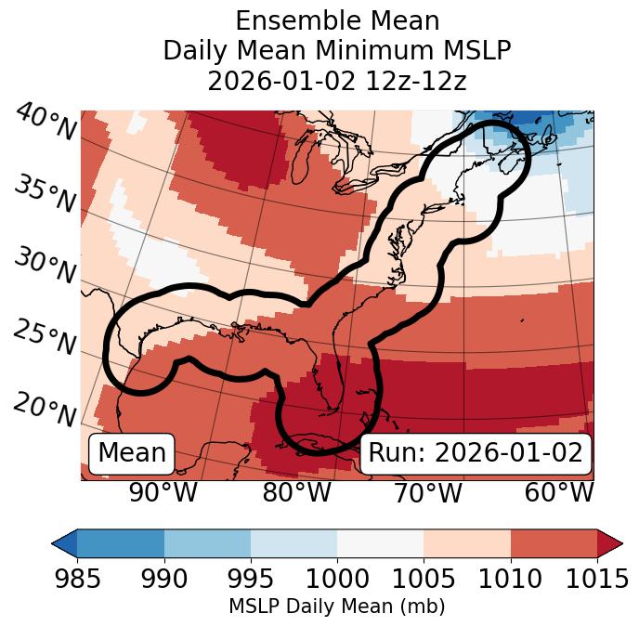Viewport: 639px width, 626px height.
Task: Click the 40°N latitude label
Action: click(x=45, y=123)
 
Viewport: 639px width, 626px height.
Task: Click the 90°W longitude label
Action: click(x=163, y=492)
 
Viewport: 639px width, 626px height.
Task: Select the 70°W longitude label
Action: click(x=428, y=492)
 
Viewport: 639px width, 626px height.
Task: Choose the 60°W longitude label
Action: click(x=559, y=492)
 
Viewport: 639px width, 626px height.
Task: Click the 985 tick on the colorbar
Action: click(x=77, y=579)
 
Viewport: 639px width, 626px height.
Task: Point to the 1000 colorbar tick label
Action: click(x=337, y=579)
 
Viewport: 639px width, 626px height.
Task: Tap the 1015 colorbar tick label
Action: click(x=597, y=579)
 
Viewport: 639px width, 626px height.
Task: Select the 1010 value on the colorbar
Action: click(x=511, y=579)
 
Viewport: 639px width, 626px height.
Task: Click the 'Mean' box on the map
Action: click(x=132, y=453)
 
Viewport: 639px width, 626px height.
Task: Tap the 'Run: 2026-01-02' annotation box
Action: click(x=476, y=453)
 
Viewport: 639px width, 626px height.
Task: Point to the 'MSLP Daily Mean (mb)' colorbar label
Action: click(x=337, y=607)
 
